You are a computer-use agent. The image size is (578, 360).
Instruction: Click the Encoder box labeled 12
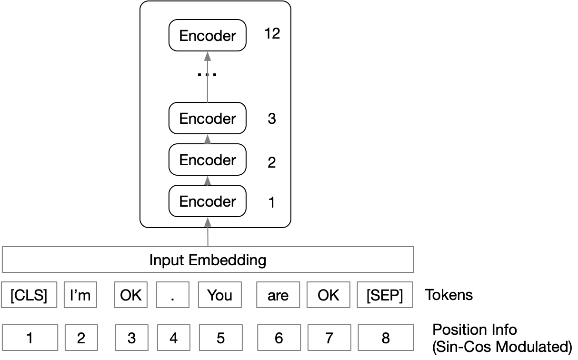coord(208,36)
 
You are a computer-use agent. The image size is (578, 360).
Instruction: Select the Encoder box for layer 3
coord(208,119)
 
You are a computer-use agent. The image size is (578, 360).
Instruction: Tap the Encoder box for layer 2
coord(208,160)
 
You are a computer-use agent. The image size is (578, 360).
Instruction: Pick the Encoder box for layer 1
coord(208,201)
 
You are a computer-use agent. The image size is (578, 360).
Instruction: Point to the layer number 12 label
coord(272,34)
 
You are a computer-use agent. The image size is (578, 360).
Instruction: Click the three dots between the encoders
coord(208,75)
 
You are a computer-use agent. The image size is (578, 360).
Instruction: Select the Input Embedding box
coord(208,260)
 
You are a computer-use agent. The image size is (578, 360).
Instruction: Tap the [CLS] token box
coord(29,295)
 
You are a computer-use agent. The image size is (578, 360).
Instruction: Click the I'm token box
coord(80,295)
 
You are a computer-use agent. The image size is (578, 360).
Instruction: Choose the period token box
coord(173,295)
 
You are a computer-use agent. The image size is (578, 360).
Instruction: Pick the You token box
coord(219,295)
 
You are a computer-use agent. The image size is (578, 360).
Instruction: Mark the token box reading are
coord(278,295)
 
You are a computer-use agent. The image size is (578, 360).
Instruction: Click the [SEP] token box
coord(385,295)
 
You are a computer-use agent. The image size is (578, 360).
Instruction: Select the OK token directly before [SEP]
coord(329,295)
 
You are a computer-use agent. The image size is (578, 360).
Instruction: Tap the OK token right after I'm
coord(131,295)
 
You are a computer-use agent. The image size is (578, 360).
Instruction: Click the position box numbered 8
coord(385,338)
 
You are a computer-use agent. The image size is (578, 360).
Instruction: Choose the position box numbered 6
coord(279,338)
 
